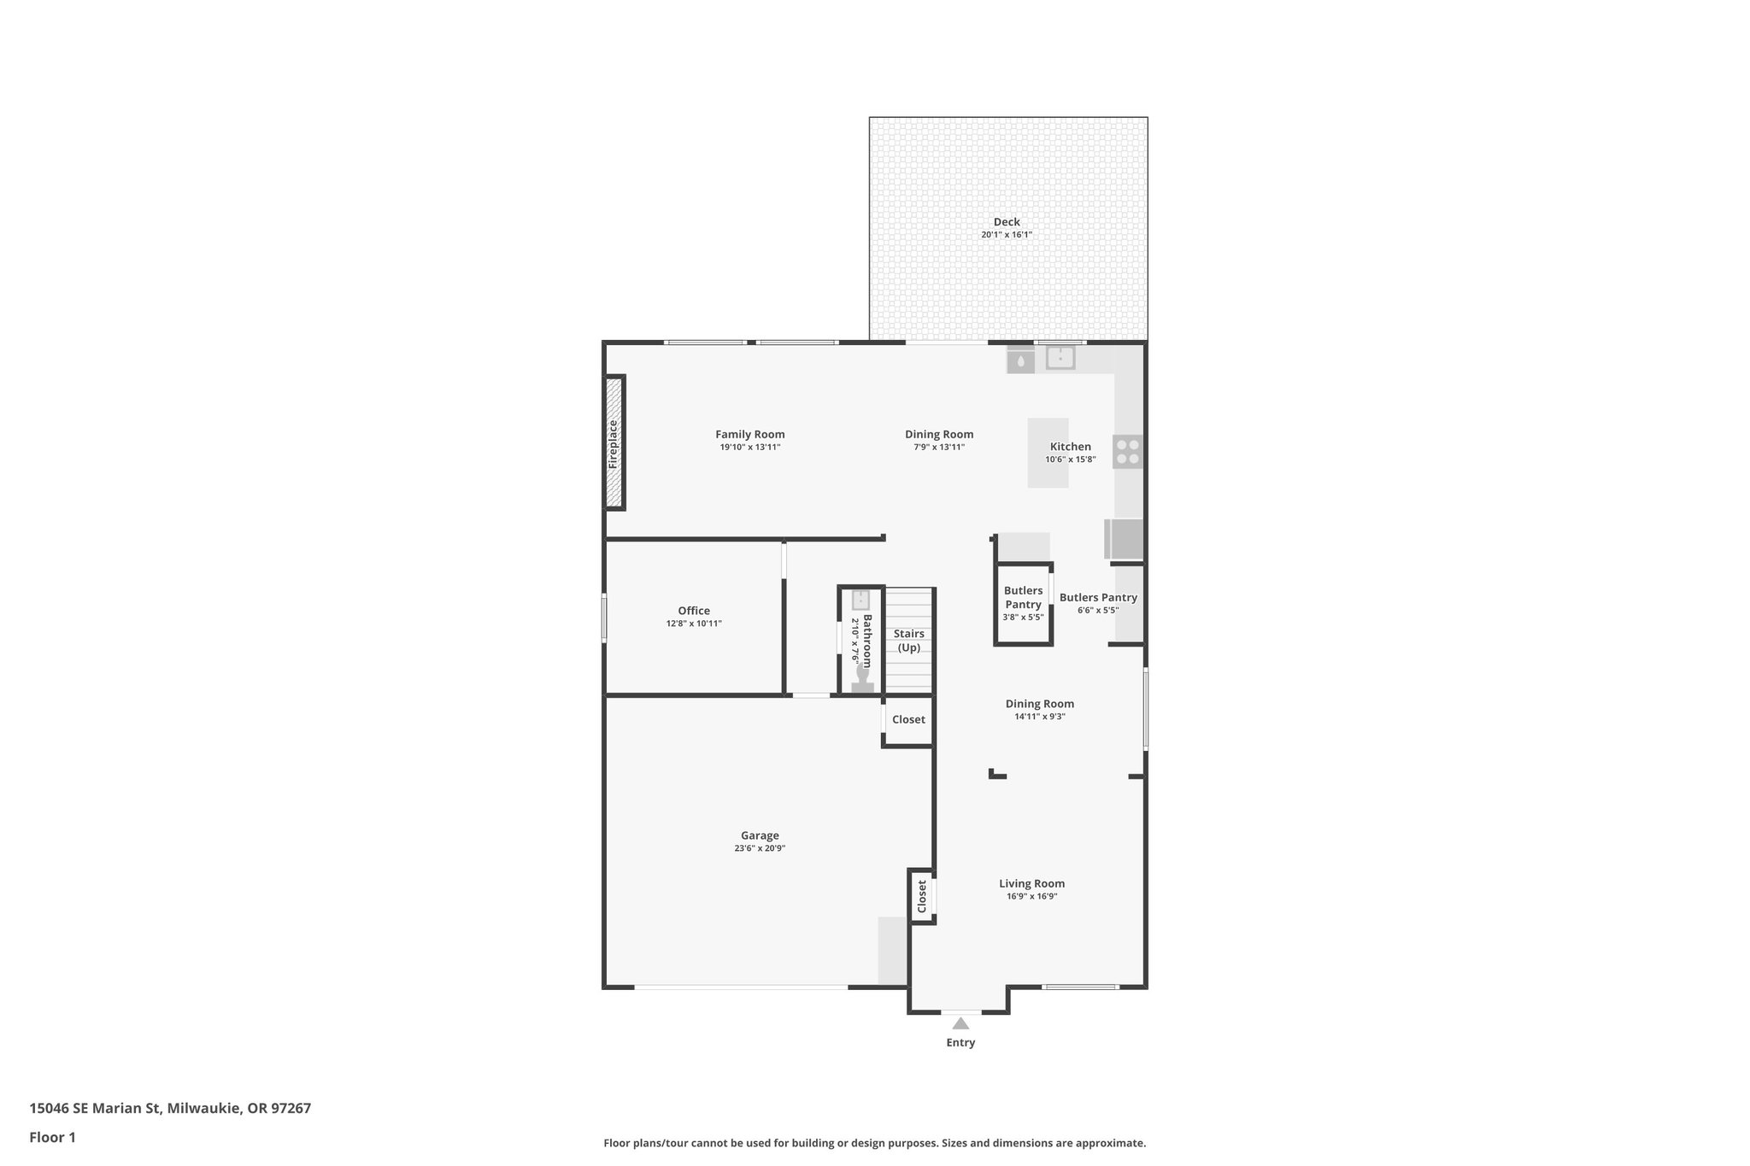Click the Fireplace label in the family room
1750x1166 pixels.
(613, 444)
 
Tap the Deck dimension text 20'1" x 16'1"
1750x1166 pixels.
(1007, 235)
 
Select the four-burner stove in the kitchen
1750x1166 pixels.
(1127, 451)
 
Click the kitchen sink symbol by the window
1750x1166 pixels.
(1060, 358)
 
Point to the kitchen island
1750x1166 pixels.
(1047, 452)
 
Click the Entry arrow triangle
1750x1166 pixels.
(960, 1023)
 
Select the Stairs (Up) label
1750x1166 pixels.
(909, 641)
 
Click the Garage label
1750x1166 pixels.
(760, 835)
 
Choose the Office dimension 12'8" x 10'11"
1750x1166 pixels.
(694, 624)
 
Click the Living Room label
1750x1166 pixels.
(1031, 883)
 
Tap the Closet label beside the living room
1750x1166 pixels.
(922, 896)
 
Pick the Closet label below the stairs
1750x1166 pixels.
(908, 719)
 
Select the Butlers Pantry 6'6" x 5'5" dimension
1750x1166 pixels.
(1098, 610)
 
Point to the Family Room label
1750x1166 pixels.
(749, 434)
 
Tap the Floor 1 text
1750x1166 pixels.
(52, 1137)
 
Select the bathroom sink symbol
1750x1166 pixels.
(860, 600)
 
